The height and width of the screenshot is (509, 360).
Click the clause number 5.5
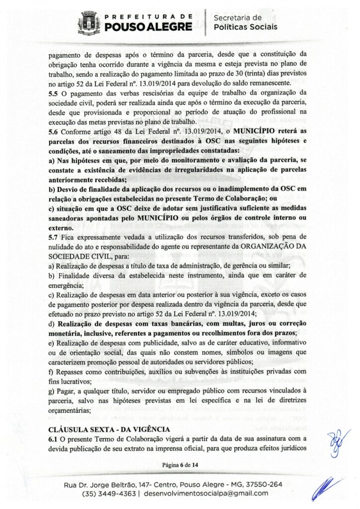click(x=54, y=93)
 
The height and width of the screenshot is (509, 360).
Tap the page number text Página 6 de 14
click(x=180, y=465)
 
